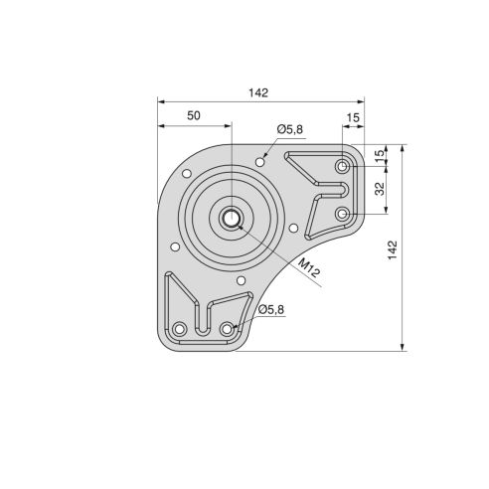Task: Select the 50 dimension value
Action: (194, 115)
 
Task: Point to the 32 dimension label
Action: (379, 189)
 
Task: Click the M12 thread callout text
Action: (308, 267)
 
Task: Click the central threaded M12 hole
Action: (231, 220)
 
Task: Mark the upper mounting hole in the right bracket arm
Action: (342, 165)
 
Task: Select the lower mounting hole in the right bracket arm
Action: (342, 214)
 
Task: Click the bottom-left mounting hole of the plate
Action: (180, 329)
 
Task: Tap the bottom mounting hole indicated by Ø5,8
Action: (228, 329)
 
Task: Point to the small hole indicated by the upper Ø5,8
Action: (259, 160)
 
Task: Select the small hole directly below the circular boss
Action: (241, 281)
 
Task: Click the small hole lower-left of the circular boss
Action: (174, 246)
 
